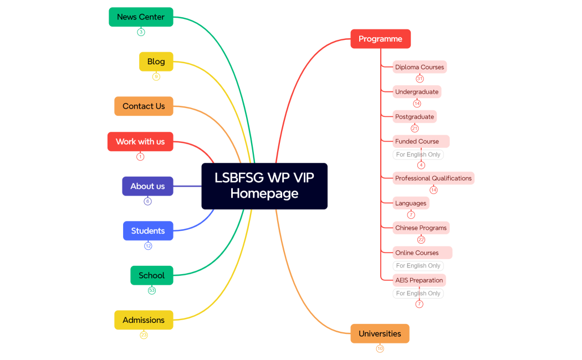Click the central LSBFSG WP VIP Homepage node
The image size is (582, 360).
point(264,186)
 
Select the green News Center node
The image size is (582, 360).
point(141,17)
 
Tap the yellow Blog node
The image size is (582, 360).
point(156,61)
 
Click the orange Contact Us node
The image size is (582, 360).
point(144,106)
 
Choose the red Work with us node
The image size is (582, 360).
point(140,142)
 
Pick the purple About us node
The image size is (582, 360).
point(147,186)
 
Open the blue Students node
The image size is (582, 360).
point(148,231)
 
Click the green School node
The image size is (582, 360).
point(152,275)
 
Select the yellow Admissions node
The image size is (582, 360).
point(144,320)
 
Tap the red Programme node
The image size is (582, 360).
point(380,39)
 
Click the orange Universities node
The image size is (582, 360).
point(380,334)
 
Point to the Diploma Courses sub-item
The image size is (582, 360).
point(420,67)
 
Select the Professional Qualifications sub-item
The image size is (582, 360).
point(433,178)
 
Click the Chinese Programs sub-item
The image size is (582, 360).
point(421,228)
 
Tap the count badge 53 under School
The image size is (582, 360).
point(152,290)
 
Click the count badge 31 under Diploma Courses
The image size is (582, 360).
point(420,79)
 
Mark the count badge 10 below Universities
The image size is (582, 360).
point(380,348)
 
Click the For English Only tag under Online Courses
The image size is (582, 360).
point(418,266)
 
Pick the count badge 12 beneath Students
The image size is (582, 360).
point(148,246)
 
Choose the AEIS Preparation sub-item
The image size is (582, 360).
point(419,280)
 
